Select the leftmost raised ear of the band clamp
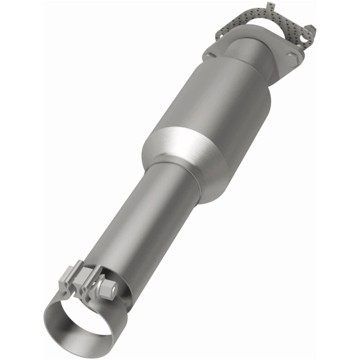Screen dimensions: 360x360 (x=67, y=279)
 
